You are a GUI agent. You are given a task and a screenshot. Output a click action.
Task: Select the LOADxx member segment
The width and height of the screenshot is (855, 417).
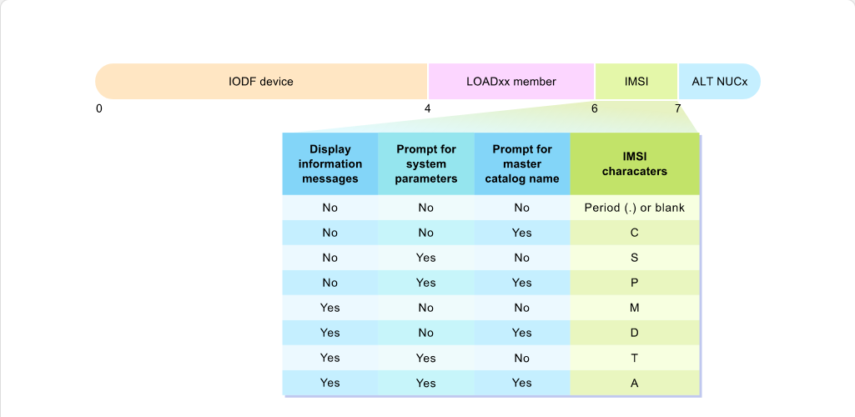pos(511,81)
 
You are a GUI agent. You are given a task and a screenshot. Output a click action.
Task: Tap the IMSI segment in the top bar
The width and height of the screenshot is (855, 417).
pos(636,81)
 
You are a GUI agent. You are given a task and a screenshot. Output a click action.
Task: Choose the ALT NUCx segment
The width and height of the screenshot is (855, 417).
pos(719,81)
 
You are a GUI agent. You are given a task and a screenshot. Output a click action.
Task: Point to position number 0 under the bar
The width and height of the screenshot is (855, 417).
pos(98,108)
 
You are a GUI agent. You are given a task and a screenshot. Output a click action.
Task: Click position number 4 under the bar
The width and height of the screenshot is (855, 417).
pos(427,108)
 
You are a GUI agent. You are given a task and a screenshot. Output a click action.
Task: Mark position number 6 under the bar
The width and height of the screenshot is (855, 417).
pos(595,108)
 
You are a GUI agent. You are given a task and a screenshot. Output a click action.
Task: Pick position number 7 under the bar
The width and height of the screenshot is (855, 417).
pos(678,108)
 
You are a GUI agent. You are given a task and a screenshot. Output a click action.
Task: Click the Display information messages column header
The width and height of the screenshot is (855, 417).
pos(329,164)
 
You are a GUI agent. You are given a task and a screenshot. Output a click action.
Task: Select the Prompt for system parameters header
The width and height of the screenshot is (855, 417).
pos(426,164)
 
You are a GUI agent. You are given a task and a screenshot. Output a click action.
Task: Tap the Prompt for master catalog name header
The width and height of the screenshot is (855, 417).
pos(522,164)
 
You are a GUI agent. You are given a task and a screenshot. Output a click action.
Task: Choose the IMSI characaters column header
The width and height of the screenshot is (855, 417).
pos(634,164)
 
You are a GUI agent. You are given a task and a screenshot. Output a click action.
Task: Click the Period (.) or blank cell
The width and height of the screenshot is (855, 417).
pos(634,208)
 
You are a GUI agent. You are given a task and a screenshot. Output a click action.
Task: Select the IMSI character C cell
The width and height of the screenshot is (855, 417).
pos(634,233)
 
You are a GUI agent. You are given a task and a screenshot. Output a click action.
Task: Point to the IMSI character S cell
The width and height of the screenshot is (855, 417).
pos(634,258)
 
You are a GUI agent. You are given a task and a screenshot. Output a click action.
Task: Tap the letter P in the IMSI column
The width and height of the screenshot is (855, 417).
pos(634,283)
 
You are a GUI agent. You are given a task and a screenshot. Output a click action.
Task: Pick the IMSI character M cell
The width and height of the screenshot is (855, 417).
pos(634,308)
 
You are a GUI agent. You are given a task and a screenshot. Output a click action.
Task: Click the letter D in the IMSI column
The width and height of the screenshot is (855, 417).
pos(634,333)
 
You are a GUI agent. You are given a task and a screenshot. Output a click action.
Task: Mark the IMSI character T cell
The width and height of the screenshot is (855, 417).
pos(634,358)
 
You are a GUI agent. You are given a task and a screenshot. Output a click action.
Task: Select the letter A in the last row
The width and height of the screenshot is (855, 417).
pos(634,383)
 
